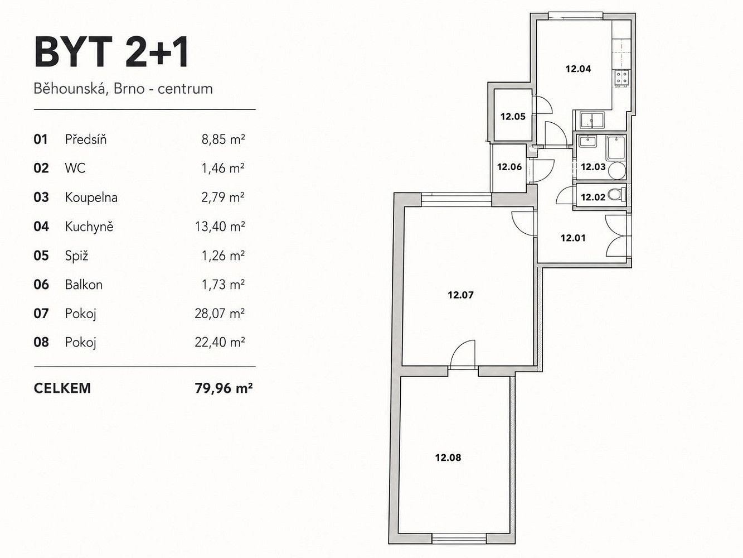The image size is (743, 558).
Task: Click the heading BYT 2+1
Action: [111, 53]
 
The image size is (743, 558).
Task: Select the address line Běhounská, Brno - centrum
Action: [123, 89]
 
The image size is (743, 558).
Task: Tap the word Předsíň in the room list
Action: [86, 139]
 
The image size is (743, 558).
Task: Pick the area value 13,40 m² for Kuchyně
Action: [220, 226]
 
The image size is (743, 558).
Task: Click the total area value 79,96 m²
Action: [224, 388]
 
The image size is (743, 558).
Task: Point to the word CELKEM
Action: [62, 388]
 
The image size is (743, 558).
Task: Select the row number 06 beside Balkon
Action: [41, 285]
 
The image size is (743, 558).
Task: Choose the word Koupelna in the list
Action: [91, 197]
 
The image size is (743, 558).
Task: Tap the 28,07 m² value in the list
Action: [220, 314]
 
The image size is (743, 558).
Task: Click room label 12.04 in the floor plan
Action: [578, 69]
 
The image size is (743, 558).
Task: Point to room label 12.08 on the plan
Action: [448, 458]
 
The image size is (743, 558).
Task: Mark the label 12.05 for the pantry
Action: [513, 117]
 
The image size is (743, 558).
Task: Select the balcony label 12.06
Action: [509, 167]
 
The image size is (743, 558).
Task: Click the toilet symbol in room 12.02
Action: [616, 195]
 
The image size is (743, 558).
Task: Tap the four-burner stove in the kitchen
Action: [622, 78]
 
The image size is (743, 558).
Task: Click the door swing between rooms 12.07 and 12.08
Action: [463, 354]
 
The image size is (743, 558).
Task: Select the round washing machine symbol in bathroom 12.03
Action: [616, 170]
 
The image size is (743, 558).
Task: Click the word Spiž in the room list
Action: [76, 256]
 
